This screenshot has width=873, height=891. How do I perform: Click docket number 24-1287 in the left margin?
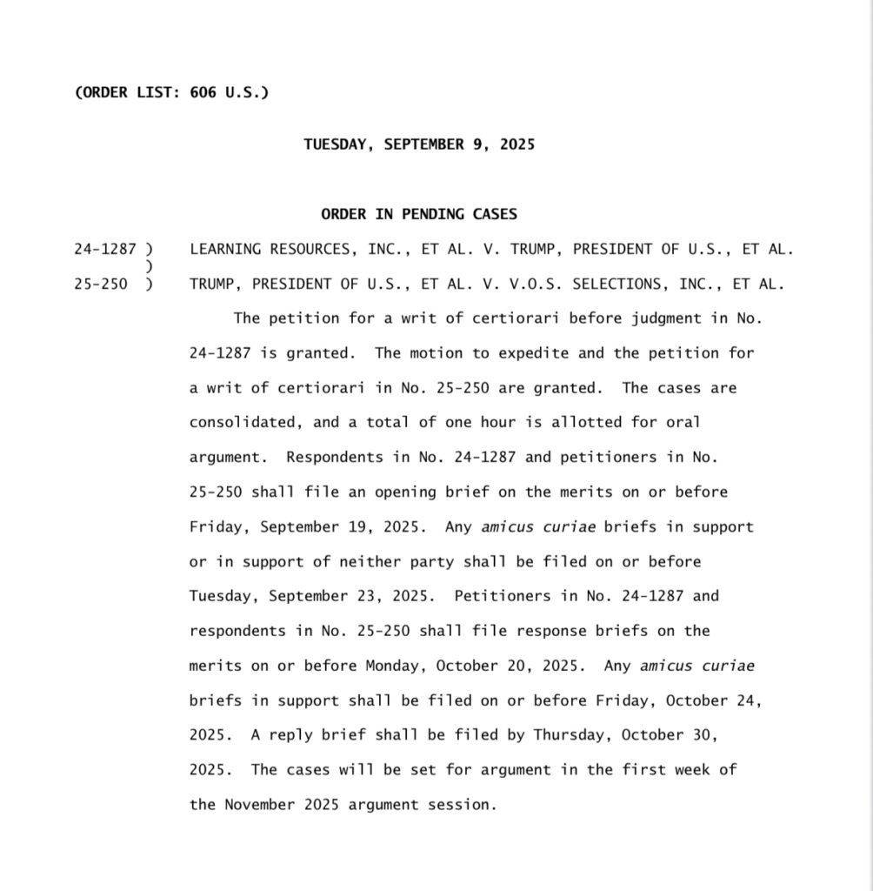pos(105,249)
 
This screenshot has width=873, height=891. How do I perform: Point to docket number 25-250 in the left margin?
pos(101,284)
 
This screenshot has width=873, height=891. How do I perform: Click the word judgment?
pos(665,318)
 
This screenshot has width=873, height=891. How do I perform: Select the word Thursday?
pos(568,736)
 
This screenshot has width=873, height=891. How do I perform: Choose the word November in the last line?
pos(255,806)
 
